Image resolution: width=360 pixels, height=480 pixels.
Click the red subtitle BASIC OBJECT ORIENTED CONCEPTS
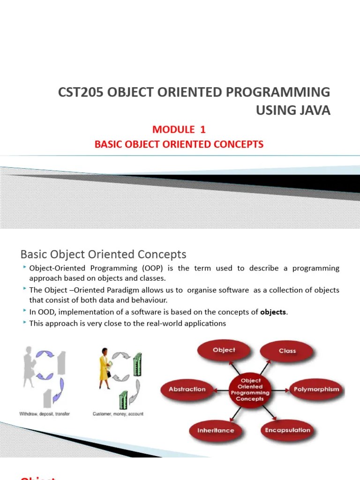tap(179, 144)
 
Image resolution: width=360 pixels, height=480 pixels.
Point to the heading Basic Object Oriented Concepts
tap(103, 254)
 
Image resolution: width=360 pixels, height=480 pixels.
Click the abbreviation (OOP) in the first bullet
tap(150, 268)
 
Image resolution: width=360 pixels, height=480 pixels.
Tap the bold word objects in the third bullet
tap(273, 312)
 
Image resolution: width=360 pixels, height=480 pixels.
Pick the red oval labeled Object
tap(224, 350)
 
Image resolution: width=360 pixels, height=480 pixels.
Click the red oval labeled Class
tap(287, 351)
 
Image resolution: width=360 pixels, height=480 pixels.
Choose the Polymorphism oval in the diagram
tap(317, 389)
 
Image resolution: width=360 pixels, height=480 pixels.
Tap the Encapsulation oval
tap(287, 430)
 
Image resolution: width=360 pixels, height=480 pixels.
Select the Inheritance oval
tap(215, 430)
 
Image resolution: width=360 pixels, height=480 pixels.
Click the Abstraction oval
tap(187, 389)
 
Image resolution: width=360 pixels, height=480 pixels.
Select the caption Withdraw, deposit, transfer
tap(44, 414)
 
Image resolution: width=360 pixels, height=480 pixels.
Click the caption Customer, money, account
tap(118, 414)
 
